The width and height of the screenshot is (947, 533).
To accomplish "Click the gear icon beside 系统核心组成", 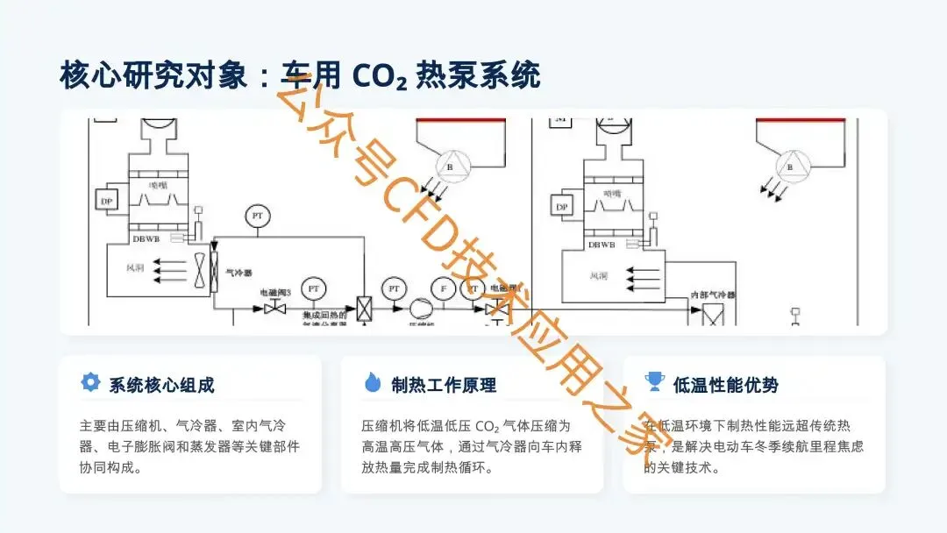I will coord(89,382).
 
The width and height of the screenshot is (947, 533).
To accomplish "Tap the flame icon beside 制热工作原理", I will coord(373,382).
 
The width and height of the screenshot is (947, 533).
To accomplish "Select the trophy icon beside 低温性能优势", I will coord(654,382).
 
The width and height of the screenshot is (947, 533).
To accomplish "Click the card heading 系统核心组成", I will coord(162,384).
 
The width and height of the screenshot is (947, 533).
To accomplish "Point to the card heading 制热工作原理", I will coord(444,384).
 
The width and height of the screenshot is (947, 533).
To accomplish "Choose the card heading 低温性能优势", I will coord(726,384).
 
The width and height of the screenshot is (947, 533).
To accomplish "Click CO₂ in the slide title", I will coord(380,76).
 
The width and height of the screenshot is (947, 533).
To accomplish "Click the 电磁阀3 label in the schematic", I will coord(274,292).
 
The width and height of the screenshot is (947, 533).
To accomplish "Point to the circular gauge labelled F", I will coord(445,288).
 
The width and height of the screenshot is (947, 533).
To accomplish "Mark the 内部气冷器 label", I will coord(712,295).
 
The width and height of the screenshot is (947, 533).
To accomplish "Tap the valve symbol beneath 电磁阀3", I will coord(275,308).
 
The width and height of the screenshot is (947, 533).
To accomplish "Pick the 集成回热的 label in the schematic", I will coord(325,315).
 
